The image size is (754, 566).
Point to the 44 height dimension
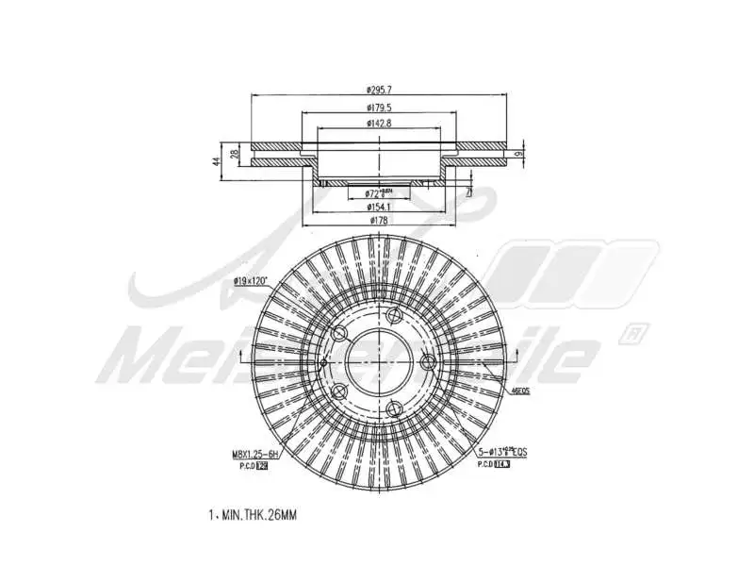tap(216, 161)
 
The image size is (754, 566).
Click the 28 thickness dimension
tap(234, 152)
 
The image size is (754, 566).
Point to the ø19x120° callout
tap(251, 281)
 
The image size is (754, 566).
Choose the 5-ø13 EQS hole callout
tap(501, 453)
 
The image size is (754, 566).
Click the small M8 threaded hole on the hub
tap(322, 361)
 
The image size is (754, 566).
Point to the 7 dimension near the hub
tap(468, 190)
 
